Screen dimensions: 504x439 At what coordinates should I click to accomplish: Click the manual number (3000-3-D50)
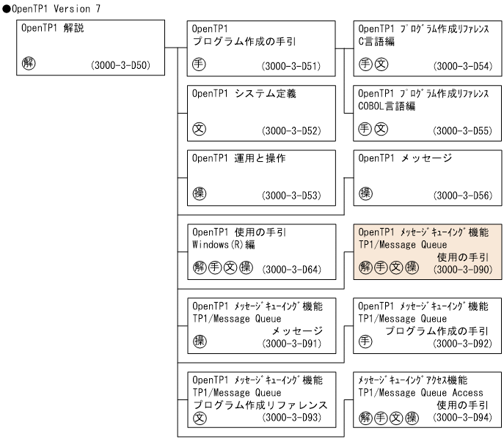click(120, 66)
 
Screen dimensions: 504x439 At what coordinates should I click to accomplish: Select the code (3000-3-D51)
click(290, 66)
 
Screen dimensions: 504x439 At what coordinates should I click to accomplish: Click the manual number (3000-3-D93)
click(296, 416)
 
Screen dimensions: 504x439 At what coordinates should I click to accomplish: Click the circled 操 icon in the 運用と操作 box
click(197, 193)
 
